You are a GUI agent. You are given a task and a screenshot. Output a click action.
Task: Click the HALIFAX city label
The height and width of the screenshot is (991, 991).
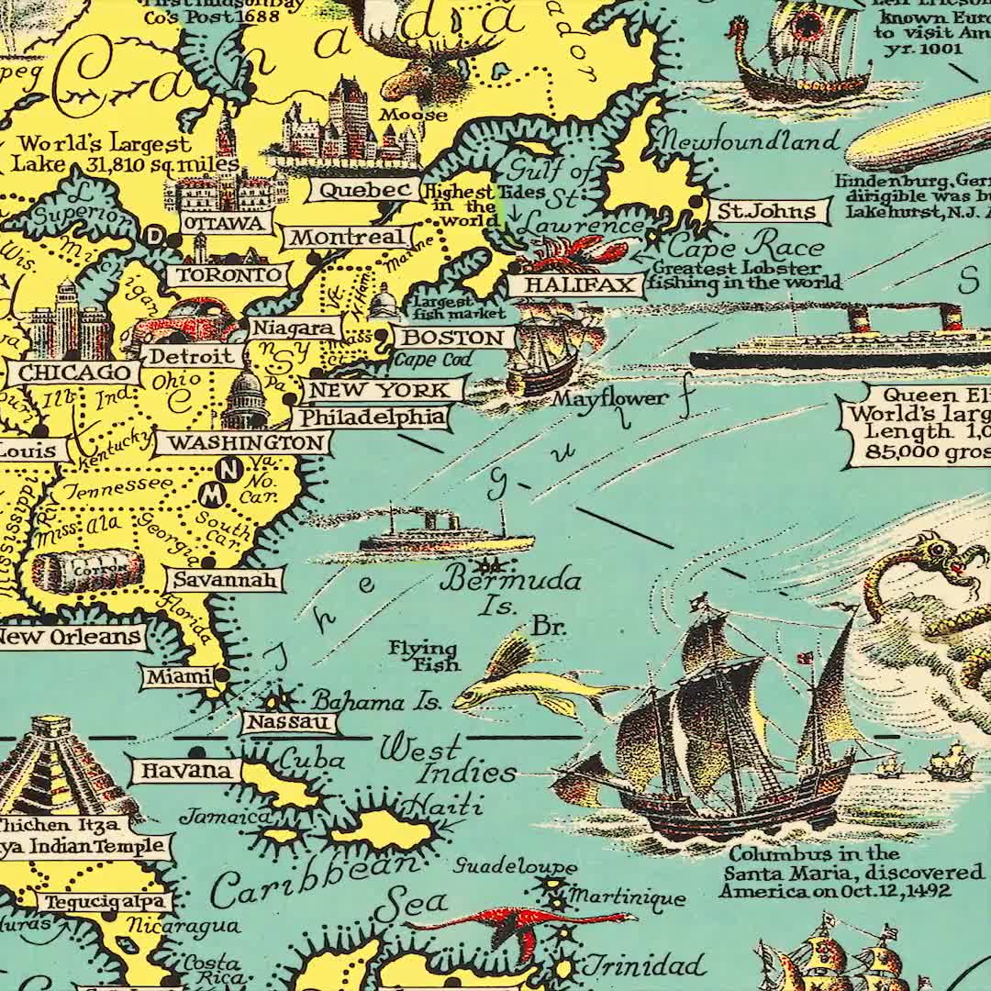[573, 285]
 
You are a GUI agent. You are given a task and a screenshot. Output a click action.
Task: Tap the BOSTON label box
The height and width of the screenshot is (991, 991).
[454, 337]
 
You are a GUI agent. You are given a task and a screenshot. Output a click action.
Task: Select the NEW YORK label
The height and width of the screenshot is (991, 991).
[378, 390]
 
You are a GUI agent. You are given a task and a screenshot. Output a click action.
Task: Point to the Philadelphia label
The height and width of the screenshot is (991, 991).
[372, 418]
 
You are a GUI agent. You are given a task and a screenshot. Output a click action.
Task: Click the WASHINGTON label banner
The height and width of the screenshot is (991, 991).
[240, 443]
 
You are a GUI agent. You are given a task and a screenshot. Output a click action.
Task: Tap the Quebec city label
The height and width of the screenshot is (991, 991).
[363, 190]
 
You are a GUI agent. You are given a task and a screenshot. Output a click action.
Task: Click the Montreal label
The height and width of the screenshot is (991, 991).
[347, 237]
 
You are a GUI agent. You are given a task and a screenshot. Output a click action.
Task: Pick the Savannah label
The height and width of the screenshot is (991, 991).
[225, 580]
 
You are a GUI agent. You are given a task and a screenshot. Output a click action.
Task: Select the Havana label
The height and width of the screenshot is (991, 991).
[186, 770]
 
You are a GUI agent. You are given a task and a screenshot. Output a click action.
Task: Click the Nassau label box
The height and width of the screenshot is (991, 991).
[289, 723]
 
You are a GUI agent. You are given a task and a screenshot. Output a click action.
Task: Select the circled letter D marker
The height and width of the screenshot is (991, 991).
[154, 238]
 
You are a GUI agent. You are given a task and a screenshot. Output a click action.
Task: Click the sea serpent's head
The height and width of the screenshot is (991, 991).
[936, 554]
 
